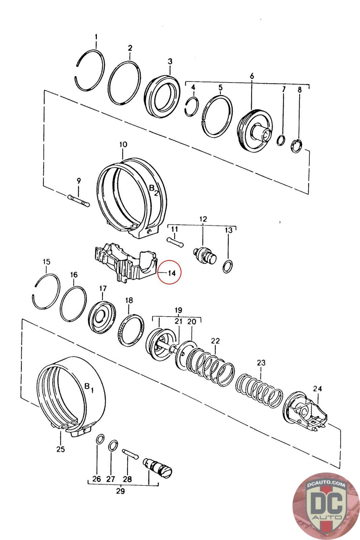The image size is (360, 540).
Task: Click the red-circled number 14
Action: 172,273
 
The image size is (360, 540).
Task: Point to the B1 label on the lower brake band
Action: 89,387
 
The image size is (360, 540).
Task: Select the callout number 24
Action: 317,388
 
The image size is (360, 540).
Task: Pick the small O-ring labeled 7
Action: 281,140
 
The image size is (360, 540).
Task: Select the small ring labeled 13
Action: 227,267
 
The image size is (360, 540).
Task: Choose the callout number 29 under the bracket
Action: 120,490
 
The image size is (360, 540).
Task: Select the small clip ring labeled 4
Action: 192,106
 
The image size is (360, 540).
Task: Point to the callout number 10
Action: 123,144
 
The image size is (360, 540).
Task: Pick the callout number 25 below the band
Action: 60,449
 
